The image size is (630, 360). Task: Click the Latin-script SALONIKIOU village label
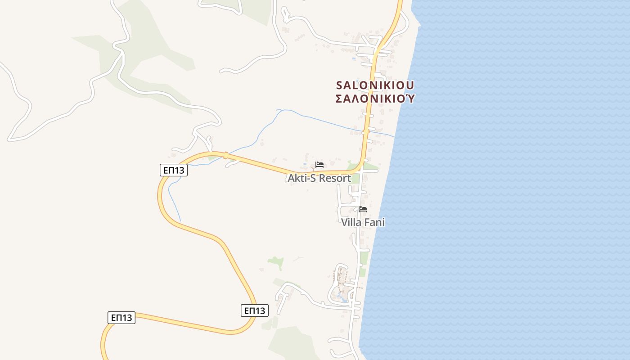pos(375,85)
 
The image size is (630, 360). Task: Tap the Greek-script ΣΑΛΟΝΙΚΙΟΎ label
pos(375,99)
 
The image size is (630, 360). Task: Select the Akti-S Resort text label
pos(319,178)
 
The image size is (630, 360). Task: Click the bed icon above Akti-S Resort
pos(319,165)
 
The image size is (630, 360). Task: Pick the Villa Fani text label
pos(363,222)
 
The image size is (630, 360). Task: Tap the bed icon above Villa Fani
pos(363,209)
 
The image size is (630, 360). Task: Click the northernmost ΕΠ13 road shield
pos(174,170)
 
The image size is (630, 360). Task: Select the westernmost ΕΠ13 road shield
pos(121,318)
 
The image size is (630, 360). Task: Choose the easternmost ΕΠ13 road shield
pos(255,310)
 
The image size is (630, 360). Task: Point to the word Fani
pos(374,222)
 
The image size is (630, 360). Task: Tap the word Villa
pos(352,222)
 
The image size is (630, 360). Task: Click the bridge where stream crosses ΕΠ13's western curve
pos(225,155)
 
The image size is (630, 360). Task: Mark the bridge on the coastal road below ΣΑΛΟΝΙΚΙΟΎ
pos(366,131)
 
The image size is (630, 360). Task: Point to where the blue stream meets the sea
pos(395,137)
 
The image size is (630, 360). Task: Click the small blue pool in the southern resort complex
pos(342,297)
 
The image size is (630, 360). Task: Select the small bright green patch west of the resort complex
pos(276,261)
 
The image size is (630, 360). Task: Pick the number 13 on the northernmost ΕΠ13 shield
pos(180,170)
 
